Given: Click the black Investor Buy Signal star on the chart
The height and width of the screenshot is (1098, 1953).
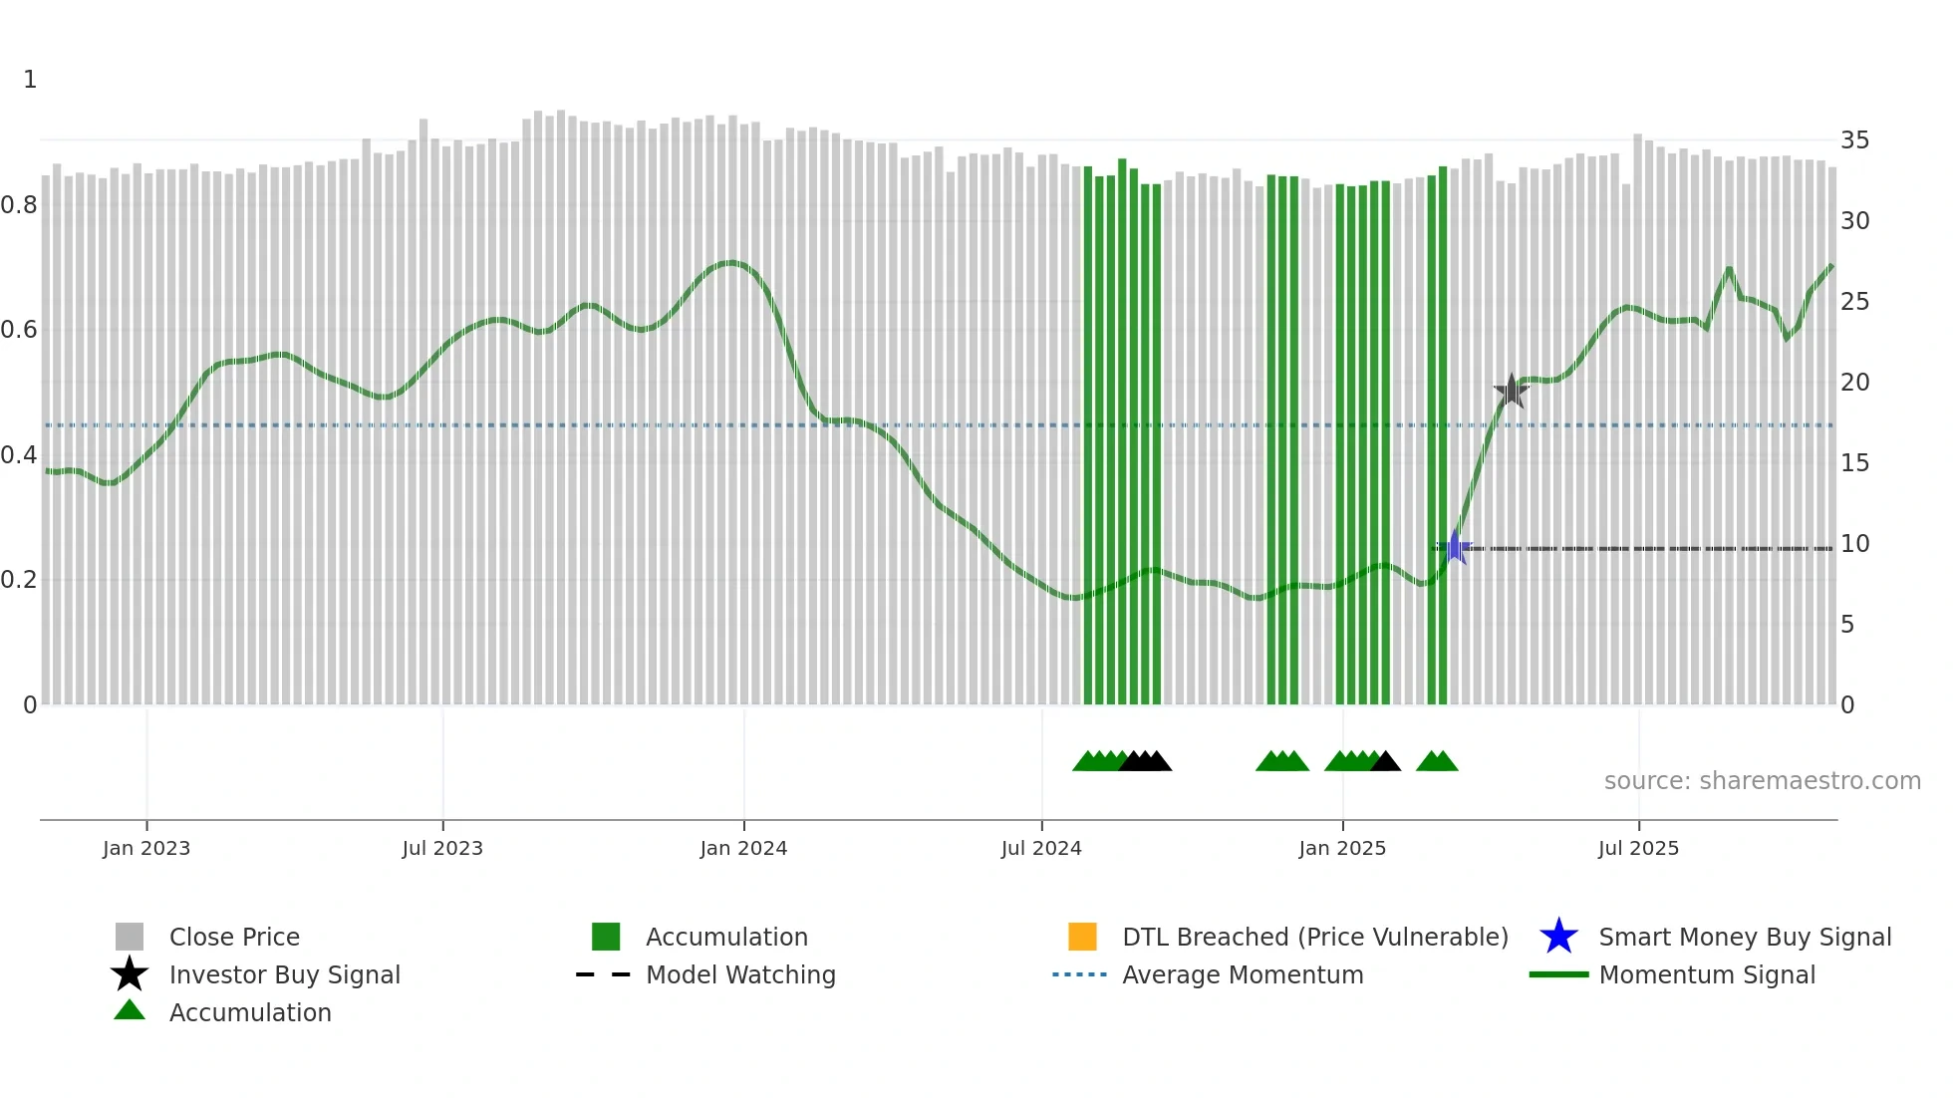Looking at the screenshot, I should (x=1511, y=391).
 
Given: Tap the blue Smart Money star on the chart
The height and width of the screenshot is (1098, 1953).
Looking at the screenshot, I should (x=1455, y=547).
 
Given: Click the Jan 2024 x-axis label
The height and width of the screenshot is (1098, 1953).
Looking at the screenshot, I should (x=743, y=848).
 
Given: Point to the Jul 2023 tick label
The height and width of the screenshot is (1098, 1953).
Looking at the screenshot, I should (x=442, y=848).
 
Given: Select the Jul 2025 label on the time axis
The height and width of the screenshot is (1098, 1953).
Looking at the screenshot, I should (x=1638, y=848).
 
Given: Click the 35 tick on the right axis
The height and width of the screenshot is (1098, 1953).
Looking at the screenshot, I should (x=1854, y=140).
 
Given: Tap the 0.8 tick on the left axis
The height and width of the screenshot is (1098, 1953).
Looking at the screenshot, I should (x=19, y=205).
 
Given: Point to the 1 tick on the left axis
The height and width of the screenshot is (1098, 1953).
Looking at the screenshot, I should (x=30, y=80).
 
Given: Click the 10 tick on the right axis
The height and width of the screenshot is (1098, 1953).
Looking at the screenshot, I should (x=1854, y=544).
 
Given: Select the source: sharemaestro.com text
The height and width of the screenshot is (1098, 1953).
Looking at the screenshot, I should (x=1762, y=781).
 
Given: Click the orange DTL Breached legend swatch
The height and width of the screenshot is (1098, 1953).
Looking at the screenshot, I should (x=1082, y=937).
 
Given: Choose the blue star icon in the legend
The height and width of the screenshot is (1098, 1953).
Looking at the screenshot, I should (x=1558, y=937).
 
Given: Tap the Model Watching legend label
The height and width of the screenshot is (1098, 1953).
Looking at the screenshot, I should (x=740, y=974).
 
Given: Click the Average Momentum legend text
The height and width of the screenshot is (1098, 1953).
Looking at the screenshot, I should (x=1243, y=974).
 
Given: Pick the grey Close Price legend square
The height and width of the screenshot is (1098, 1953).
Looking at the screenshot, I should (x=130, y=937).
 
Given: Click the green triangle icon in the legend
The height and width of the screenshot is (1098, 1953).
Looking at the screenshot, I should (x=130, y=1010).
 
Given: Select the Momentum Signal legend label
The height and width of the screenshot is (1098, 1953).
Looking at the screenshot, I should (x=1707, y=974).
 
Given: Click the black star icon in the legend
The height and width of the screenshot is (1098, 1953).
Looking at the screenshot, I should (x=130, y=974).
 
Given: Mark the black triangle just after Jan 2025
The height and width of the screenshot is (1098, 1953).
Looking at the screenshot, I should (x=1385, y=762).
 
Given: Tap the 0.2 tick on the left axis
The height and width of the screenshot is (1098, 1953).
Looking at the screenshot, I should (x=19, y=580).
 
